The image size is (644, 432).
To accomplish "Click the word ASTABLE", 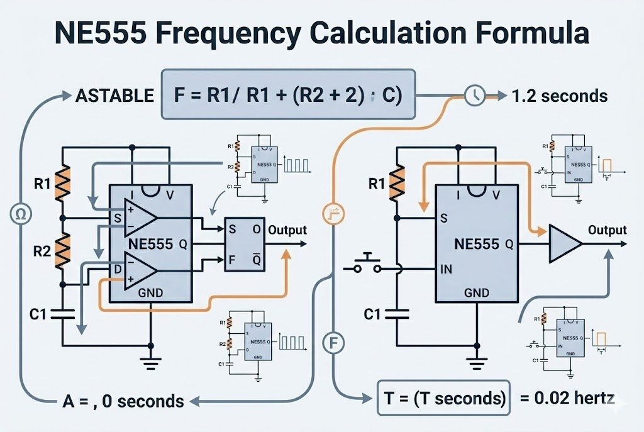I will tap(114, 96).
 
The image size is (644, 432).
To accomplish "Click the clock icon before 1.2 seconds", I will tap(474, 95).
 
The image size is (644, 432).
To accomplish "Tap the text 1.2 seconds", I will tap(560, 96).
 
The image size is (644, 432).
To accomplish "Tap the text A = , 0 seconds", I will tap(123, 401).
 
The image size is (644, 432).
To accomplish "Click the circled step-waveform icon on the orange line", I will tap(331, 214).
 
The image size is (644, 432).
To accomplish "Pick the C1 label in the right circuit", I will tap(373, 313).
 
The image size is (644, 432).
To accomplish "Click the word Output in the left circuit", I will tap(287, 230).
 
